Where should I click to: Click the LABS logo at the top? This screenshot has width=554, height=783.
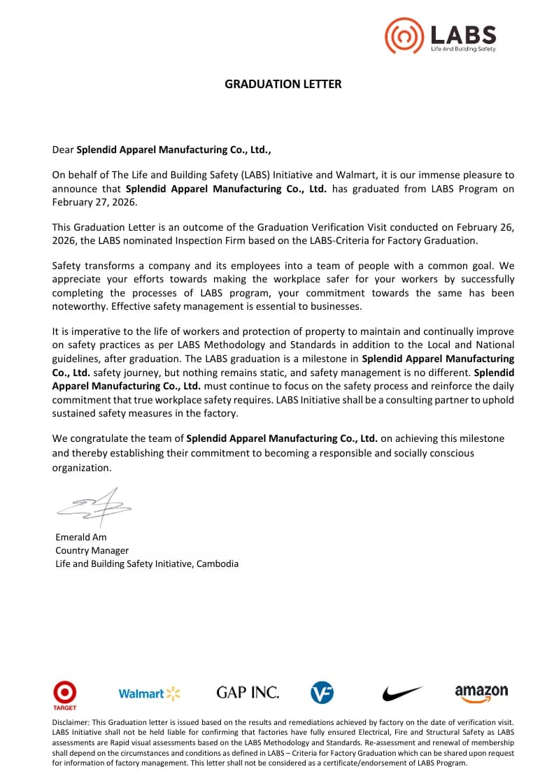(441, 36)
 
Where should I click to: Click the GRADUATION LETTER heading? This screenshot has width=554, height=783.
(283, 84)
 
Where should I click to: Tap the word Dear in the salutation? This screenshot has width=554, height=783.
(63, 149)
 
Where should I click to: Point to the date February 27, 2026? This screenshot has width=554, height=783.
(95, 202)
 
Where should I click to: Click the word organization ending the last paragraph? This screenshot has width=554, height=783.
(81, 468)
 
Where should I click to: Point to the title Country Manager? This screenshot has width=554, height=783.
(92, 550)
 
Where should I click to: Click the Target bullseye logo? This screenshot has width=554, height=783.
(65, 693)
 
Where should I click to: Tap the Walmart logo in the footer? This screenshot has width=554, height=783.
(149, 694)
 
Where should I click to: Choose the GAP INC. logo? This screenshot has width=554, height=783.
(248, 693)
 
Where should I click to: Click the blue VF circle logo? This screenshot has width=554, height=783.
(322, 693)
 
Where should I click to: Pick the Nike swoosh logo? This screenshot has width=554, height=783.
(402, 693)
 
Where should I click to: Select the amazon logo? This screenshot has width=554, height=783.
(481, 693)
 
